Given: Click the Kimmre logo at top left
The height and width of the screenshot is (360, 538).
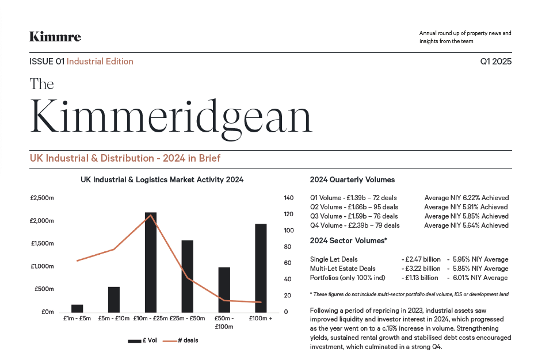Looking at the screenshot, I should tap(55, 37).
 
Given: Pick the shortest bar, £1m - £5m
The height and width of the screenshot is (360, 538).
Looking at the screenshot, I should tap(77, 308).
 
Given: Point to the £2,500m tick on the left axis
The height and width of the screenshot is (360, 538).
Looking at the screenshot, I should tap(41, 198).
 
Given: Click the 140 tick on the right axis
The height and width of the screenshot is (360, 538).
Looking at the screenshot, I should tap(289, 198).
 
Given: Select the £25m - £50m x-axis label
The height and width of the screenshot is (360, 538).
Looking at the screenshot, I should tap(188, 318).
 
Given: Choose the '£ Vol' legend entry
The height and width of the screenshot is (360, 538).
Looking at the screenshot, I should tap(142, 340).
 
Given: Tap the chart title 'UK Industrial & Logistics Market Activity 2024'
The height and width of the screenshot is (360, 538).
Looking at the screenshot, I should tap(162, 179).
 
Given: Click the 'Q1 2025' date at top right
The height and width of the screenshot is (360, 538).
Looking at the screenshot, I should tap(495, 62).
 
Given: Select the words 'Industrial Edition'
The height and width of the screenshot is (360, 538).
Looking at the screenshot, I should tap(100, 62).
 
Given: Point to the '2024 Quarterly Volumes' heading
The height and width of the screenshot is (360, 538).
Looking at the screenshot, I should tap(352, 180).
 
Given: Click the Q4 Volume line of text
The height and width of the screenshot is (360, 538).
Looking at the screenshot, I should tap(354, 225).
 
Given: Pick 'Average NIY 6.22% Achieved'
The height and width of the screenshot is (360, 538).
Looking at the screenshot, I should tap(466, 198).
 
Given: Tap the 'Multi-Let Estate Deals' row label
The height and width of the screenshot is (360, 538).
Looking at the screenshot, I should tap(342, 269).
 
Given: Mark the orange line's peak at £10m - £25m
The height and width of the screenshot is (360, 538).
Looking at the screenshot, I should tap(151, 215).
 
